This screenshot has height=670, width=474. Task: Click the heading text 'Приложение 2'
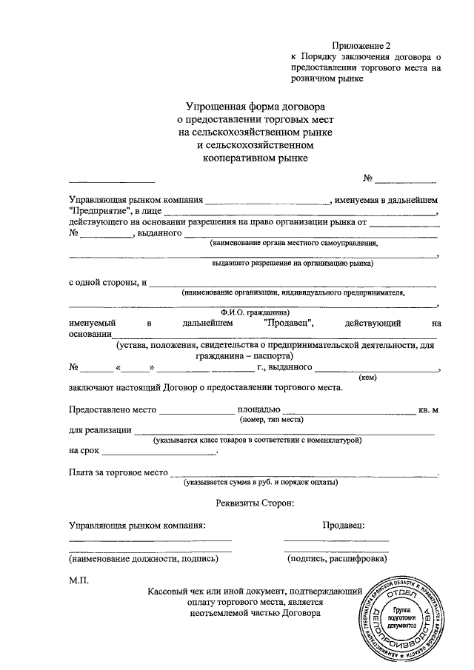[362, 45]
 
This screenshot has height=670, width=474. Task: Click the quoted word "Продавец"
[290, 323]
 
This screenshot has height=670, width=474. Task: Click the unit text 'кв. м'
[429, 409]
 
